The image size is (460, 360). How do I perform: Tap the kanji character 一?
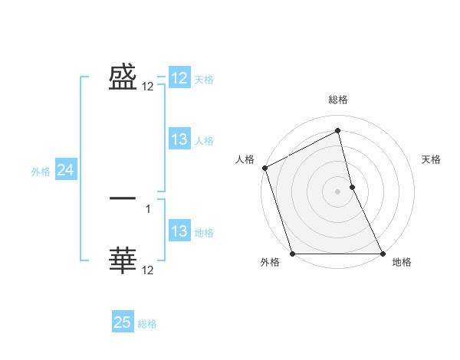pyautogui.click(x=123, y=198)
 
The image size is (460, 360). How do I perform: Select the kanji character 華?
pyautogui.click(x=123, y=260)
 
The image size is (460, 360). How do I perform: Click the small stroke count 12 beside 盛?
pyautogui.click(x=148, y=87)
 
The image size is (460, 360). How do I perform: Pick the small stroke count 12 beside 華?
pyautogui.click(x=148, y=270)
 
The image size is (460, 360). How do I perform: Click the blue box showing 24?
pyautogui.click(x=65, y=171)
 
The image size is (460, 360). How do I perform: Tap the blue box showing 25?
pyautogui.click(x=123, y=322)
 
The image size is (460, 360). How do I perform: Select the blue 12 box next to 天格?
pyautogui.click(x=179, y=78)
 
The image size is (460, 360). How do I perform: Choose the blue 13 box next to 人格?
pyautogui.click(x=179, y=139)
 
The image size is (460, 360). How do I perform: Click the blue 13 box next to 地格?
pyautogui.click(x=179, y=231)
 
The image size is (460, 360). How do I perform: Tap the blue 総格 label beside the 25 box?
pyautogui.click(x=147, y=324)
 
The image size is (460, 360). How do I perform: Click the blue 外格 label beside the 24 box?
pyautogui.click(x=41, y=172)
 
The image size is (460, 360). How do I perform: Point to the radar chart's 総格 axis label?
pyautogui.click(x=338, y=100)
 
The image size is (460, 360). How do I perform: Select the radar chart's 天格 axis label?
pyautogui.click(x=432, y=159)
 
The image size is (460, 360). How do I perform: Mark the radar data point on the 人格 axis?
pyautogui.click(x=264, y=168)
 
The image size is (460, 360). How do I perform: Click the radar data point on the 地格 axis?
pyautogui.click(x=383, y=254)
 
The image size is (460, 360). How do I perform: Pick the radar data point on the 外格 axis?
pyautogui.click(x=293, y=254)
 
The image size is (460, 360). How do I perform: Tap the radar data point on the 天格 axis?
pyautogui.click(x=352, y=187)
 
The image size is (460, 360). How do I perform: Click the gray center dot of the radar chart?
pyautogui.click(x=338, y=191)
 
